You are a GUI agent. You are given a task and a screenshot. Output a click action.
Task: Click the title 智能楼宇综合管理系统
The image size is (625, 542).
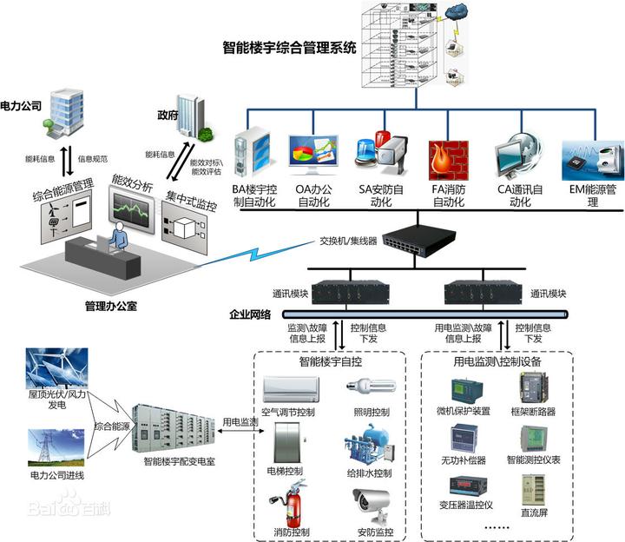click(290, 49)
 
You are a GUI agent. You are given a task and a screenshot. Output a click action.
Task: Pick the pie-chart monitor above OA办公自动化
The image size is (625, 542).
click(312, 157)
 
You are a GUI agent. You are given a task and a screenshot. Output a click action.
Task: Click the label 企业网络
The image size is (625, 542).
click(249, 314)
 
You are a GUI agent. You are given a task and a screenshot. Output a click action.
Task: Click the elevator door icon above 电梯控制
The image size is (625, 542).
click(286, 445)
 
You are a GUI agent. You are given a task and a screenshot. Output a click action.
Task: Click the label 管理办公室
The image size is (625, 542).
click(112, 306)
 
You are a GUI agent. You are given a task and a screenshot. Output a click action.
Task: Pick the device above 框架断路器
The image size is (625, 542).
click(536, 387)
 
